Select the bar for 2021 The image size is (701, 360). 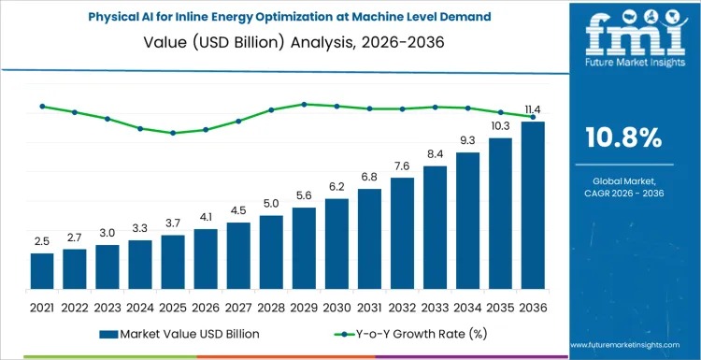(x=42, y=270)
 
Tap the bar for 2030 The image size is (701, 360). (x=336, y=243)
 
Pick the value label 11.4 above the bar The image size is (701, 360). (x=533, y=109)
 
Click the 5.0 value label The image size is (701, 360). (x=271, y=203)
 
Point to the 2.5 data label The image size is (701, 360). (x=42, y=241)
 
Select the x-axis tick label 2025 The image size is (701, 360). (x=173, y=307)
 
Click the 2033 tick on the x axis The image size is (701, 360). (x=435, y=307)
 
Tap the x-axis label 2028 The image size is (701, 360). (x=271, y=307)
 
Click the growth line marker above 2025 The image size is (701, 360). (x=173, y=133)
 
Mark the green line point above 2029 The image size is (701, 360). (x=304, y=104)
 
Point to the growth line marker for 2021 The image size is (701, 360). (x=42, y=106)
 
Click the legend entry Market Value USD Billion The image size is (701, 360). (x=178, y=333)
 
